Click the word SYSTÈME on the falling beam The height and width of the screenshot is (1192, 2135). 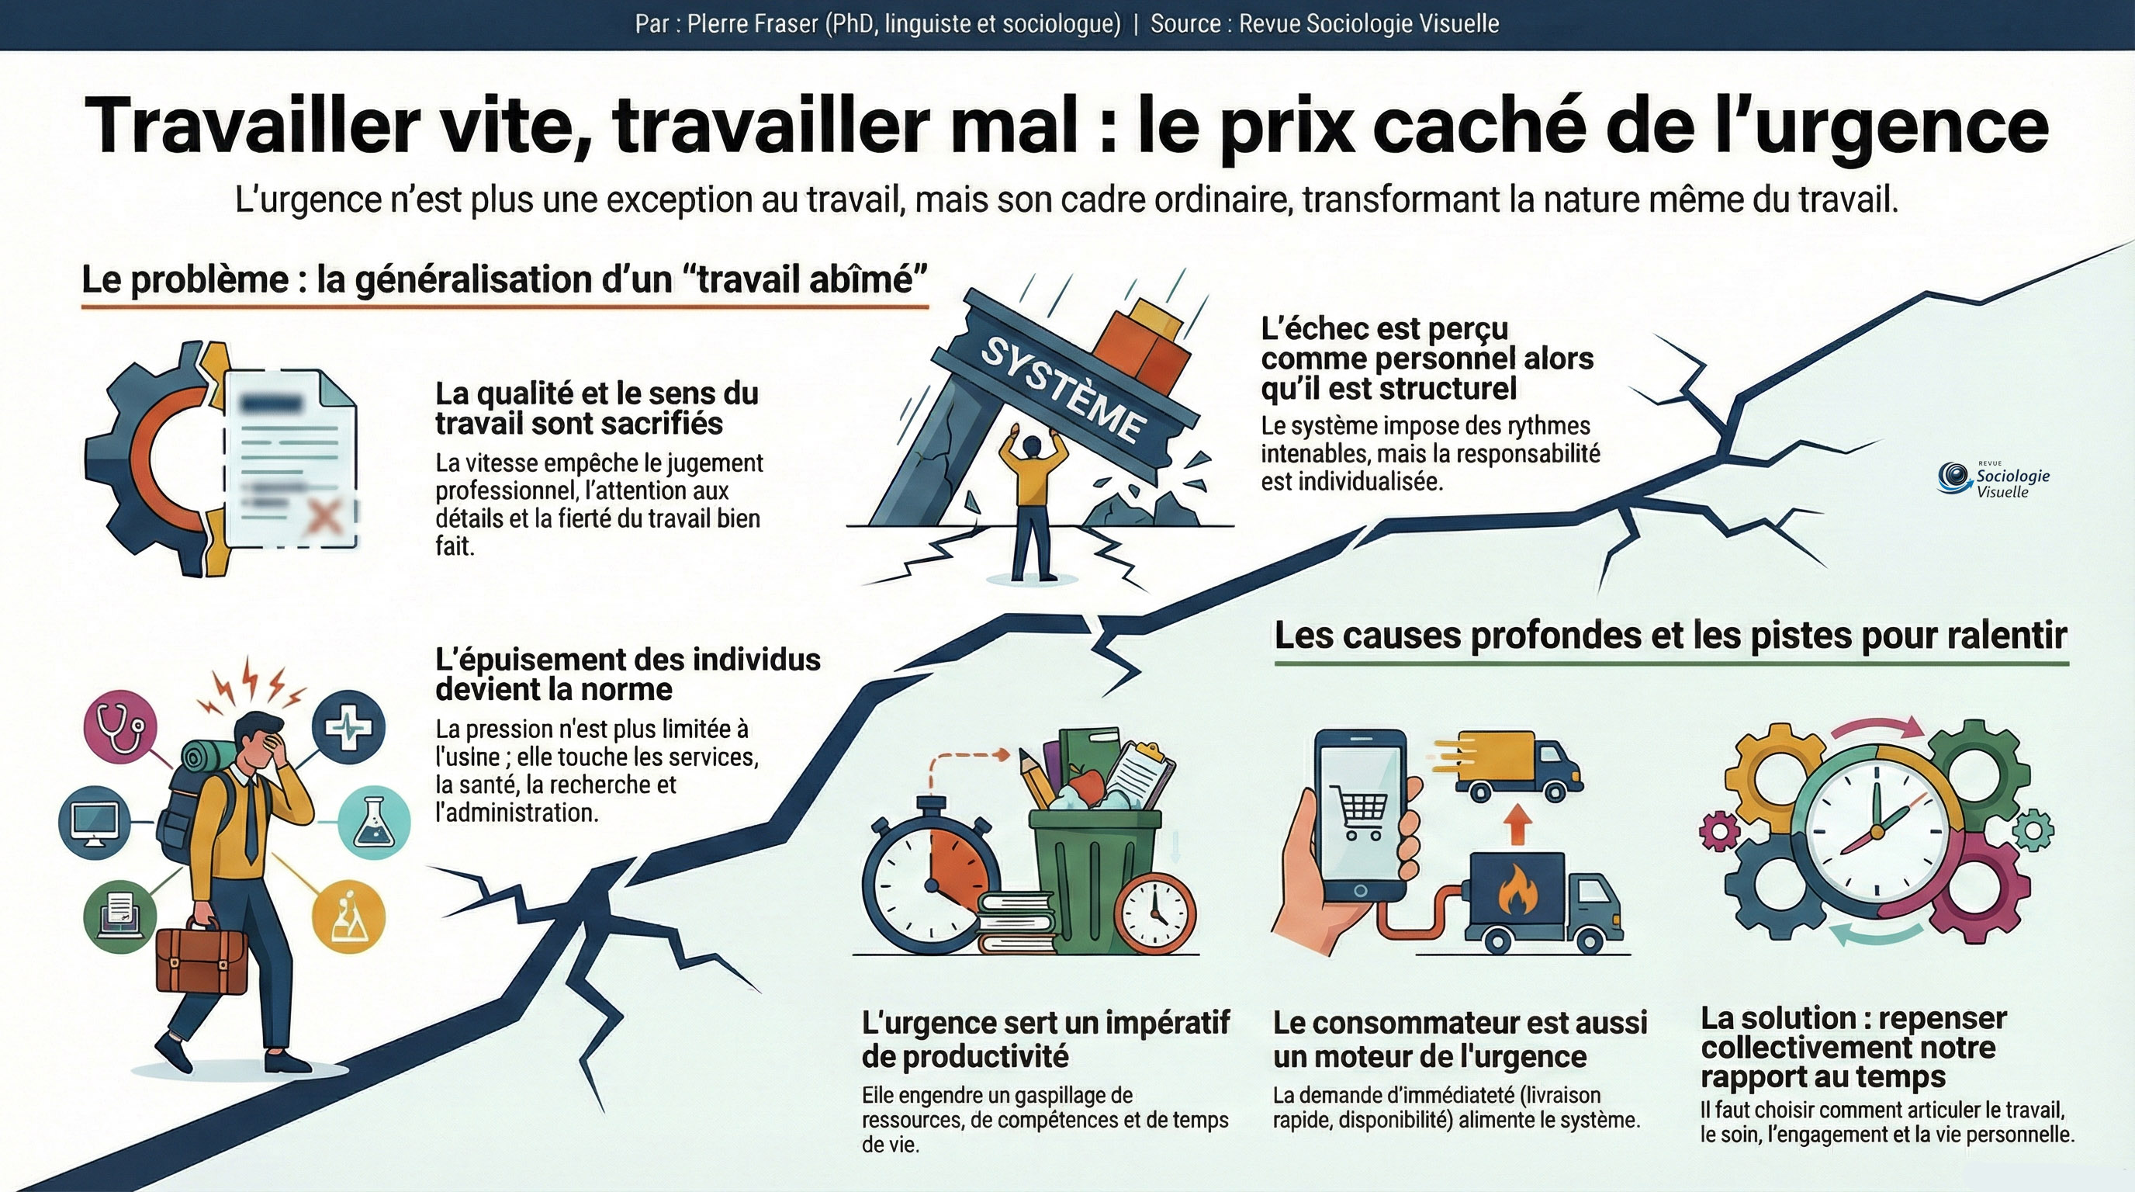click(x=1064, y=389)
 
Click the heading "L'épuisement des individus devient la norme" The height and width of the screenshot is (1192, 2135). click(x=628, y=674)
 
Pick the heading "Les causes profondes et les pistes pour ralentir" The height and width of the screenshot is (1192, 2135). click(x=1671, y=636)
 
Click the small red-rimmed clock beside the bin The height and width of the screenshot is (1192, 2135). click(x=1154, y=911)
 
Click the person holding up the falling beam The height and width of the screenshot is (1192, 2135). click(x=1031, y=502)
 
